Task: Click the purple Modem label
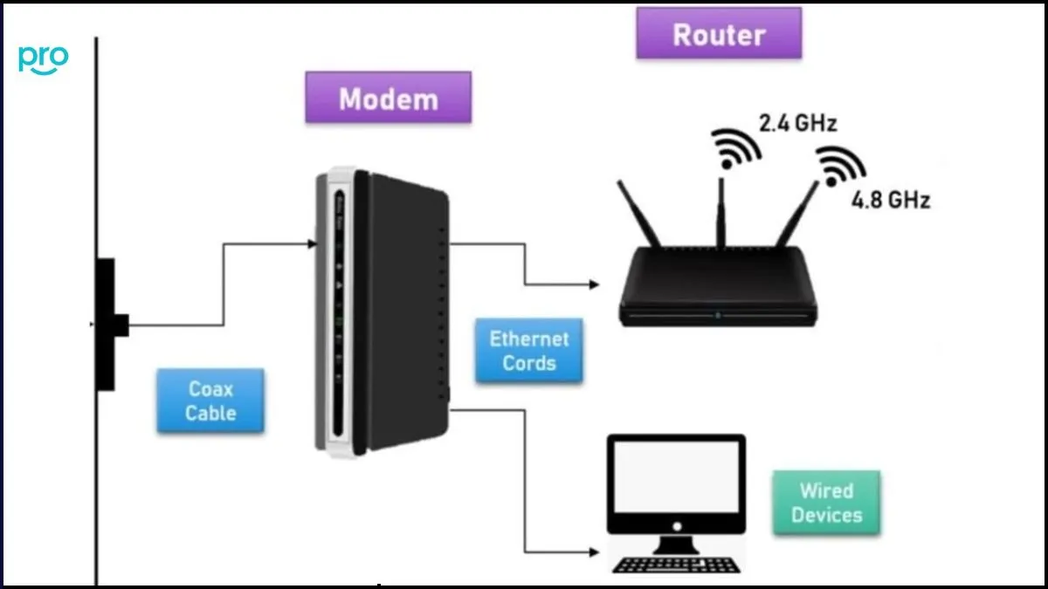(388, 98)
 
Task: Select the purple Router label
(718, 35)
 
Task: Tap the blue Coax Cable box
(210, 401)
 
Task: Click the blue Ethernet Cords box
(528, 350)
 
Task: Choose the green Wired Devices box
(826, 503)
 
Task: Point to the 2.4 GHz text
(797, 123)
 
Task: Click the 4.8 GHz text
(891, 200)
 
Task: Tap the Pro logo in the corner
(43, 58)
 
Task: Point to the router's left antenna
(639, 213)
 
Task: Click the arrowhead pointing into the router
(596, 284)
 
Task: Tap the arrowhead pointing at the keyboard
(596, 552)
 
